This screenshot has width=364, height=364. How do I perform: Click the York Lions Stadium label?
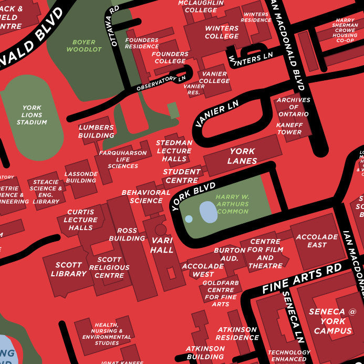[32, 115]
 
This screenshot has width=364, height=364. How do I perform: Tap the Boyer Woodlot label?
[84, 46]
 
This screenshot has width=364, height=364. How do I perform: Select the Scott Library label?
[68, 269]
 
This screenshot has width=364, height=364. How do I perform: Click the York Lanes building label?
[242, 156]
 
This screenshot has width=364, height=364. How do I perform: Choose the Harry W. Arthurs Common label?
[232, 204]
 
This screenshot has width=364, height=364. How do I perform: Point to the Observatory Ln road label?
[161, 83]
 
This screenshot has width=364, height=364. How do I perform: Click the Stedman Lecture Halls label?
[174, 151]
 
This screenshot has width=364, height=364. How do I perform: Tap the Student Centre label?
[182, 176]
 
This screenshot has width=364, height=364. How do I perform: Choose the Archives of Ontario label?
[294, 107]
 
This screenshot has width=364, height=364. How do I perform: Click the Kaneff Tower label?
[289, 129]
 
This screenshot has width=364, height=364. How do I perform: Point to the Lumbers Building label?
[96, 131]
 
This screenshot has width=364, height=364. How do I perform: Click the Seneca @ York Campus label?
[332, 321]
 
